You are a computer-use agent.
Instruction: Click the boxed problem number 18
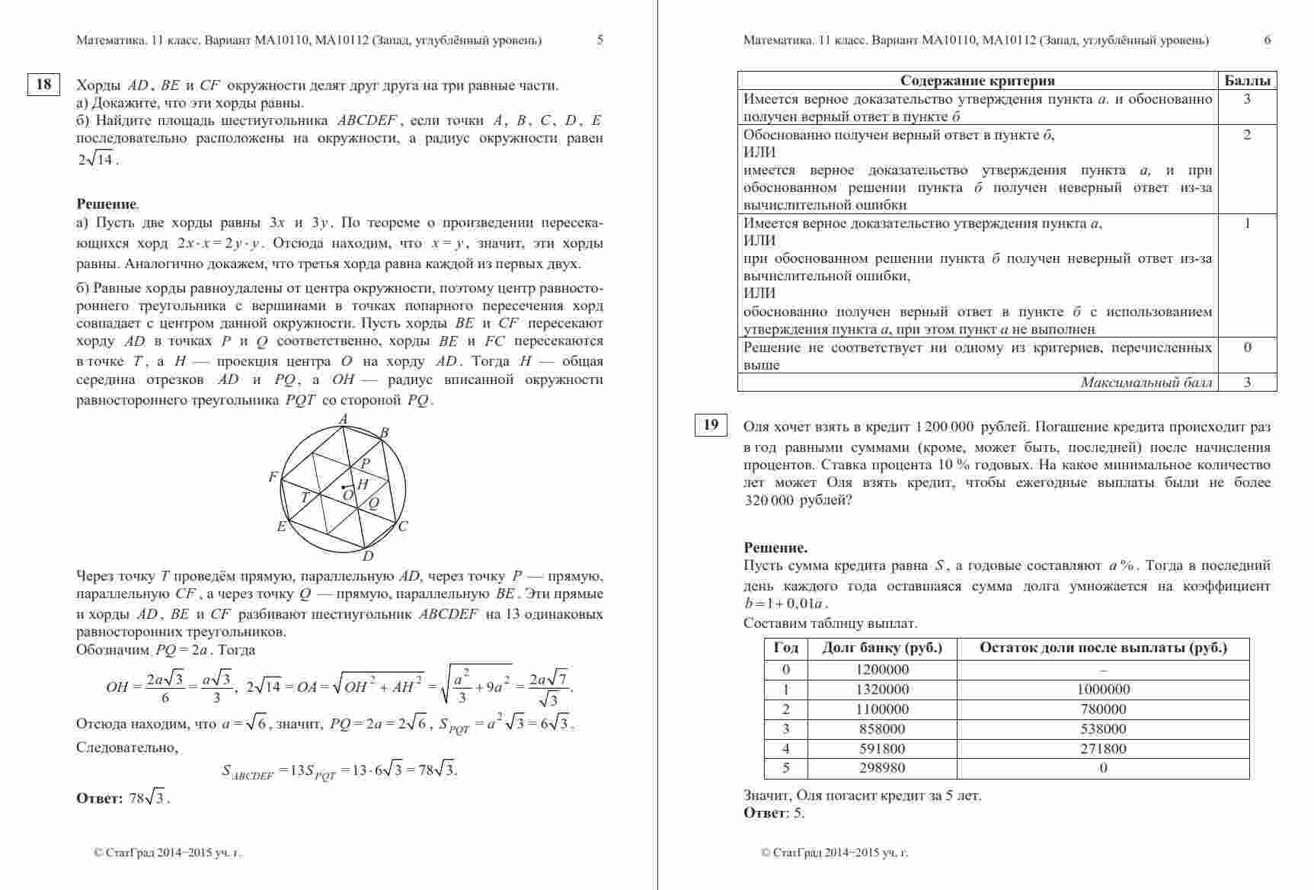coord(43,84)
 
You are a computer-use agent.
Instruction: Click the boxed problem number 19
coord(711,425)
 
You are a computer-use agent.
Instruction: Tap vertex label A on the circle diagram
coord(343,419)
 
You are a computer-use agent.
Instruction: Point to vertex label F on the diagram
coord(273,477)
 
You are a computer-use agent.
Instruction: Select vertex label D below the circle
coord(368,556)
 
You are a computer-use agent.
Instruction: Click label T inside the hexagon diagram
coord(305,498)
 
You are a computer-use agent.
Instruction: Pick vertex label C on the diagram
coord(403,526)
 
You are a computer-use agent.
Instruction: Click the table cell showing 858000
coord(882,729)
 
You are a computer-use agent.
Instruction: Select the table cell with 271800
coord(1103,749)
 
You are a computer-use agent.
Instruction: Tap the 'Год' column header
coord(786,648)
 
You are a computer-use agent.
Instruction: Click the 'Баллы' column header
coord(1247,81)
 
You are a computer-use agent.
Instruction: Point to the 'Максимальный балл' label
coord(1146,383)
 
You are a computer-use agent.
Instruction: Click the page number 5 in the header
coord(600,40)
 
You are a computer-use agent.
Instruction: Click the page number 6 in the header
coord(1268,40)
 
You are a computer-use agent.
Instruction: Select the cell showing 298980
coord(882,768)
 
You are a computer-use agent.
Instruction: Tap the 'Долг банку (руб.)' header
coord(882,648)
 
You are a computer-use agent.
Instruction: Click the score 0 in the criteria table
coord(1247,347)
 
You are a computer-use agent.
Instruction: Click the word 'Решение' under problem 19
coord(775,548)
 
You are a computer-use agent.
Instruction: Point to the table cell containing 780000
coord(1103,709)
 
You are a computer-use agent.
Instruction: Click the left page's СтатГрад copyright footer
coord(167,853)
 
